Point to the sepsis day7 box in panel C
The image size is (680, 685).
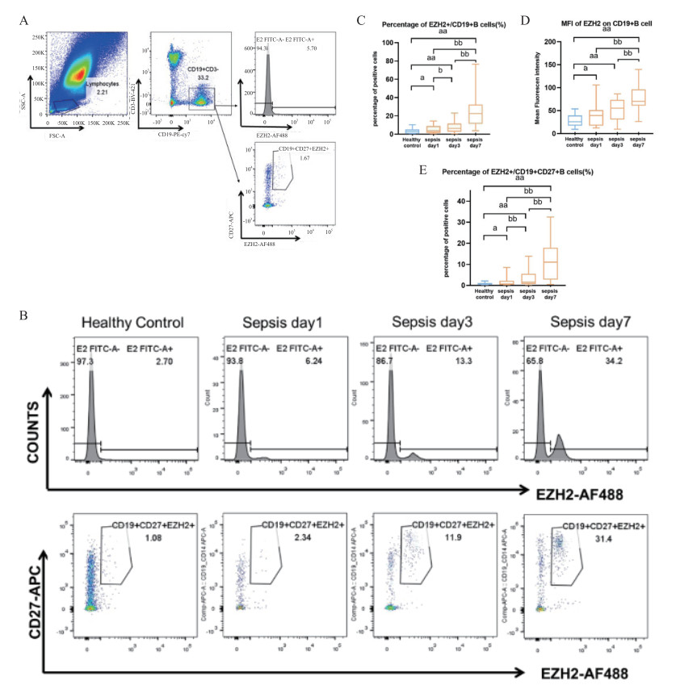pos(475,114)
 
